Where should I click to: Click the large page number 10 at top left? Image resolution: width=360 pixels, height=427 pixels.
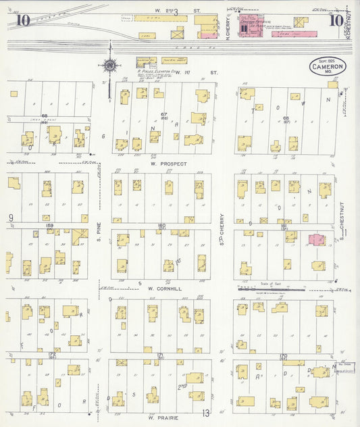tap(22, 20)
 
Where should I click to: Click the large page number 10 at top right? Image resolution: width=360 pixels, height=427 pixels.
tap(335, 20)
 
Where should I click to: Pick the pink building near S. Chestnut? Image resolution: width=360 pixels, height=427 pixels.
tap(316, 240)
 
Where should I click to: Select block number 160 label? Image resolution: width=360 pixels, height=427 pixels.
tap(161, 225)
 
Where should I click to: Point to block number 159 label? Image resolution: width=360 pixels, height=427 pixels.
tap(49, 225)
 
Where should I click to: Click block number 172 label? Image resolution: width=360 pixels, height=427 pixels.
tap(51, 353)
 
